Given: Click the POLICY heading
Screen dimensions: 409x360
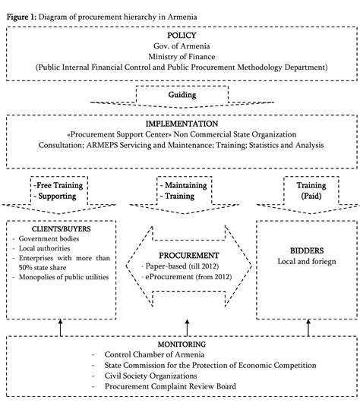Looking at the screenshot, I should (180, 35).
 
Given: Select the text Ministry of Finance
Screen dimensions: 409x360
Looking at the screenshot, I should (180, 56).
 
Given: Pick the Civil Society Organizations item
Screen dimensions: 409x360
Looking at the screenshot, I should (152, 376).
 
